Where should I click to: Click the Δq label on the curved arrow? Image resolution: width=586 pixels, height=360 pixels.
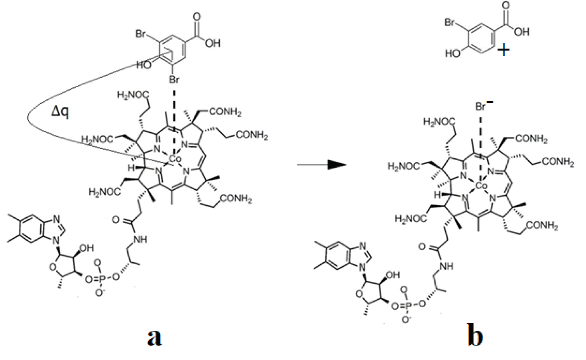click(x=60, y=113)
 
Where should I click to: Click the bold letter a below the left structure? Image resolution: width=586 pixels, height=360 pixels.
click(x=155, y=337)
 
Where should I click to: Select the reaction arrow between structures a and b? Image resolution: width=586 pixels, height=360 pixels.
click(x=322, y=165)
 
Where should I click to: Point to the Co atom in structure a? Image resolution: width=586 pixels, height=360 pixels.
click(x=175, y=159)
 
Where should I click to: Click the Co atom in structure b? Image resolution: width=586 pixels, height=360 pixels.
click(x=481, y=186)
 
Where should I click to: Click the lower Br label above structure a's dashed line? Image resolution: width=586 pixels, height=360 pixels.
click(x=174, y=79)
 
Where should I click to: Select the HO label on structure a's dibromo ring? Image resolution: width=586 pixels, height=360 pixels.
click(x=144, y=65)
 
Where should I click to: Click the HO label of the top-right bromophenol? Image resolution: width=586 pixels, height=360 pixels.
click(x=452, y=54)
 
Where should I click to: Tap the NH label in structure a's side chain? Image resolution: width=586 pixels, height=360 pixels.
click(x=140, y=239)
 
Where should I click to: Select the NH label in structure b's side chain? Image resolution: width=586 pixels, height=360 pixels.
click(x=447, y=266)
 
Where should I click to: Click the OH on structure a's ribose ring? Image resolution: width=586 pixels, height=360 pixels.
click(x=87, y=248)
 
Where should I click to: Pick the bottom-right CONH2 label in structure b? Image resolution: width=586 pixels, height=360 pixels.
click(x=542, y=225)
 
